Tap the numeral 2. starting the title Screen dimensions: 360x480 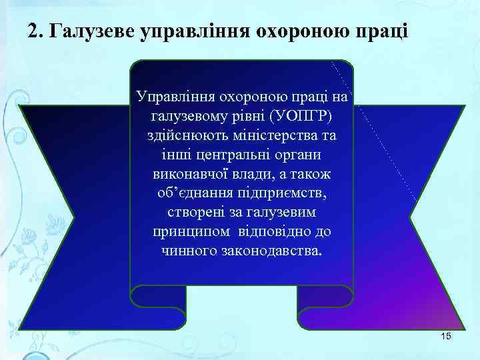37,31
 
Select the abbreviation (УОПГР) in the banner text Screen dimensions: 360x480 301,117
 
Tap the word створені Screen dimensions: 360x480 190,213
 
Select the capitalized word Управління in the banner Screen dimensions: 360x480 169,97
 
